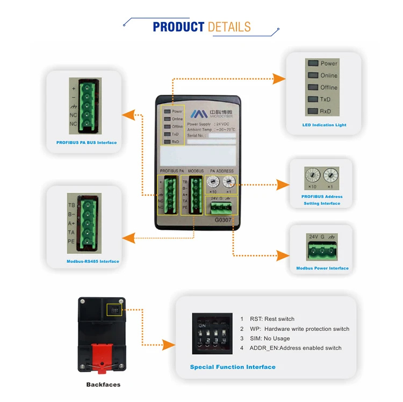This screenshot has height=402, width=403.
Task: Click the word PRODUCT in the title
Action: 178,27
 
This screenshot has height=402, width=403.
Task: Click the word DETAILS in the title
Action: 229,27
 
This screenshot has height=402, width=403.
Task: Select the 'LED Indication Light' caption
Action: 324,125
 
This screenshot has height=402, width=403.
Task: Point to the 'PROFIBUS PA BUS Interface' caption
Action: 87,143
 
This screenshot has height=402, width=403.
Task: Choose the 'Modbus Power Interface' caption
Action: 322,268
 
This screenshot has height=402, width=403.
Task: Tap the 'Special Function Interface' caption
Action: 233,367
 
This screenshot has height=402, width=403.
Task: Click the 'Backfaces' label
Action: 103,385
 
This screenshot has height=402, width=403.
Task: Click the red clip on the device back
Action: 102,356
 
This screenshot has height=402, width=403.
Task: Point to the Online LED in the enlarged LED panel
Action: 312,75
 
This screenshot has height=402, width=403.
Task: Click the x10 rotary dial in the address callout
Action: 311,175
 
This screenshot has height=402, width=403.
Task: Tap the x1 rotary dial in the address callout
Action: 330,175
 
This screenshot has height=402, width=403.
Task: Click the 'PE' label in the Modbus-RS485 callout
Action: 71,242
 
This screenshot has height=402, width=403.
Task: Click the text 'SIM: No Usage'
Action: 270,338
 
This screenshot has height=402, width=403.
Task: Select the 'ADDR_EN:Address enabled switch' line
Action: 295,348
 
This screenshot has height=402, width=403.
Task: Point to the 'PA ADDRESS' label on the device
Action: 221,171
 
